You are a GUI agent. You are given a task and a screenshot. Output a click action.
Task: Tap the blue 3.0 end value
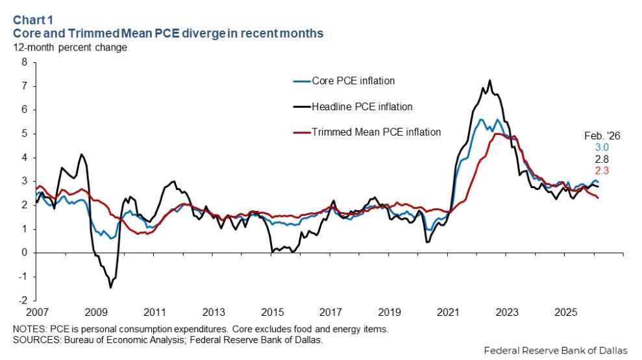pos(603,147)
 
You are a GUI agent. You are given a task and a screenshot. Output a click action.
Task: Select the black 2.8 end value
pos(603,159)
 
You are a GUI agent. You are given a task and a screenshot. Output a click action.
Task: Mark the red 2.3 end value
pos(603,170)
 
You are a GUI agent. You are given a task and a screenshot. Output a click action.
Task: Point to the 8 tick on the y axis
pos(25,62)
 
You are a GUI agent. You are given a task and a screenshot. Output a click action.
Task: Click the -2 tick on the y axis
pos(24,301)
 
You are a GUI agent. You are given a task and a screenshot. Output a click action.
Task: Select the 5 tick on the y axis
pos(25,134)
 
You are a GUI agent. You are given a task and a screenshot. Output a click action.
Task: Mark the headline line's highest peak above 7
pos(489,81)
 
